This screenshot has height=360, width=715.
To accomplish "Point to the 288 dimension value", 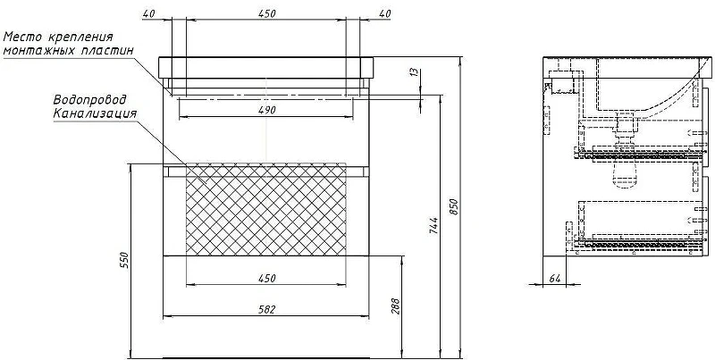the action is [395, 306].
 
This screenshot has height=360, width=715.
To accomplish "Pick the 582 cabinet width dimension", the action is [266, 310].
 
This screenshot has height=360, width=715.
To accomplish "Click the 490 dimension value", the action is [266, 110].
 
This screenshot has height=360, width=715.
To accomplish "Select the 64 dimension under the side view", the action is [554, 279].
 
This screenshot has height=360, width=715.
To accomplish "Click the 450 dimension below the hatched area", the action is [266, 279].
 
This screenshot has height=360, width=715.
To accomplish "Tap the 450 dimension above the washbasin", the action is [266, 13].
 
